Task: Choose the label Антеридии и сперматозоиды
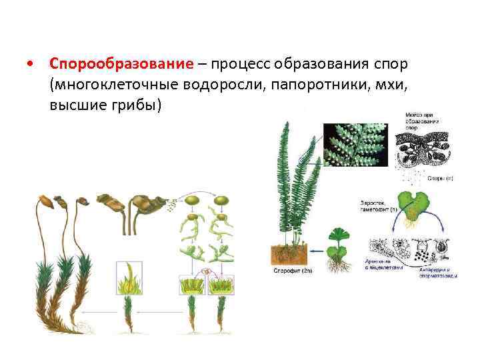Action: [x=437, y=269]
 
